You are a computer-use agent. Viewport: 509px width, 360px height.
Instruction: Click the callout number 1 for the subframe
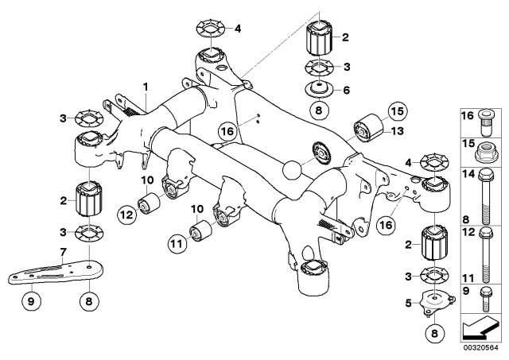(x=146, y=85)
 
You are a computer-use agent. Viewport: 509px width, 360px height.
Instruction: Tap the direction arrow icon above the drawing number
(x=482, y=327)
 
